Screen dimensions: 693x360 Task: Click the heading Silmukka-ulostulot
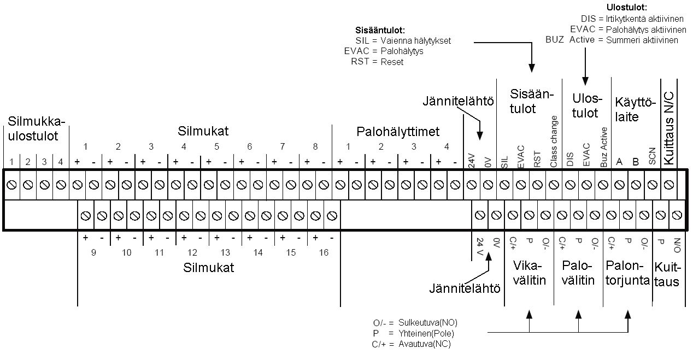point(37,128)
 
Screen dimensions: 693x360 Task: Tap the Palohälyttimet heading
point(398,132)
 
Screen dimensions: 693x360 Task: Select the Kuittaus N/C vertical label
point(669,128)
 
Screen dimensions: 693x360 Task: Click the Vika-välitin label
point(530,273)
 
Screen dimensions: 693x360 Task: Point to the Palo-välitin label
point(578,273)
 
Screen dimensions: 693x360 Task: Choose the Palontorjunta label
point(628,273)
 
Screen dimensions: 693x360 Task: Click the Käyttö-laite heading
point(635,109)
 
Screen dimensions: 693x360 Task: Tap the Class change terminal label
point(554,141)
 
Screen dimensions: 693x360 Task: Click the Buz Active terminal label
point(603,147)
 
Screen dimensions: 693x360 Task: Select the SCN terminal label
point(652,156)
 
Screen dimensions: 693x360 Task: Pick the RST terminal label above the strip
point(537,160)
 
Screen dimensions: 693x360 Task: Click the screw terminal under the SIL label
point(504,185)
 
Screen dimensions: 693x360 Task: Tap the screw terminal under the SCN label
point(653,185)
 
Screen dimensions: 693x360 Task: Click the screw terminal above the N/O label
point(677,215)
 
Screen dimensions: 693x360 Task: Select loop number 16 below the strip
point(324,253)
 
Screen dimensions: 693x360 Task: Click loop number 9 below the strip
point(93,253)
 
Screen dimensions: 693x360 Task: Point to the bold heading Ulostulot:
point(626,7)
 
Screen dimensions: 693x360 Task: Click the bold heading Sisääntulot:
point(380,30)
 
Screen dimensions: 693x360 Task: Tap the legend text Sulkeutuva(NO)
point(428,322)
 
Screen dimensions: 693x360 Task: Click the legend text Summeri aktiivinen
point(642,40)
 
